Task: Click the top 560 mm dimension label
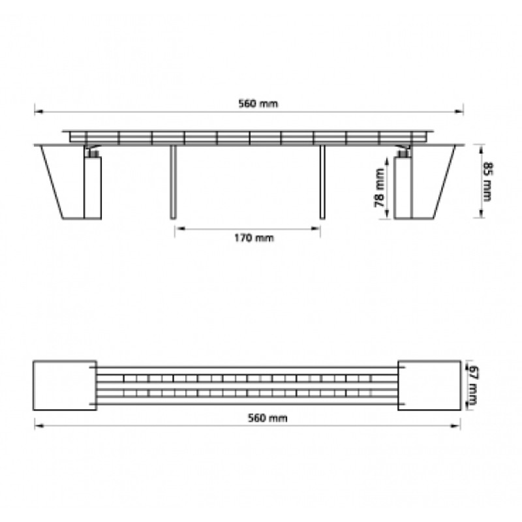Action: pos(258,104)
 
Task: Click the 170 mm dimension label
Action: pos(254,238)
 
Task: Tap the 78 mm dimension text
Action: pos(379,188)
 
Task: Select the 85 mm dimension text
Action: pos(487,182)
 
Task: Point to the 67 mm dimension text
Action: pos(473,385)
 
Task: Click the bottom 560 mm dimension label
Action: pos(268,418)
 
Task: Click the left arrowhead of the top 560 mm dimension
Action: pos(38,112)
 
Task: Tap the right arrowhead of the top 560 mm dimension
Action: pos(459,112)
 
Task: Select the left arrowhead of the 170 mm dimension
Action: pos(180,228)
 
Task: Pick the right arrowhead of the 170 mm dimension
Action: pos(316,228)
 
